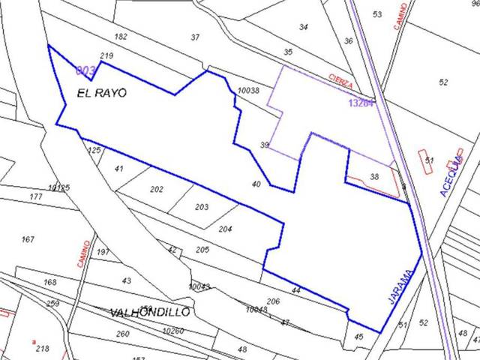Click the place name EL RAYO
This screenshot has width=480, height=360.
click(101, 94)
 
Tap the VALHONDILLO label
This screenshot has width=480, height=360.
click(150, 312)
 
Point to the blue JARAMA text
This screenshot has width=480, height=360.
click(401, 286)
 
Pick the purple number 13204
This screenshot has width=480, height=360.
click(361, 103)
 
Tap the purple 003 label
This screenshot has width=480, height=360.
click(85, 70)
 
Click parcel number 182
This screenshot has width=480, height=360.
click(121, 37)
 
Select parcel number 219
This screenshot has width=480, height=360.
click(106, 56)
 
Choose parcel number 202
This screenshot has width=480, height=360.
click(156, 190)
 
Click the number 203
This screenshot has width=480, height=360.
click(201, 207)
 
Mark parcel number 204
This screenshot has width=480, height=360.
click(225, 229)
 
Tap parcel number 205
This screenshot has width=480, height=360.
click(202, 250)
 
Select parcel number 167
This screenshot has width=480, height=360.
click(28, 240)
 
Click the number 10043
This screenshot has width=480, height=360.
click(199, 286)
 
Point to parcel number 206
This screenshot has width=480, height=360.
click(273, 301)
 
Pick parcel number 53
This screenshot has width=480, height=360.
click(377, 15)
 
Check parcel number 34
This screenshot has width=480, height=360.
click(303, 27)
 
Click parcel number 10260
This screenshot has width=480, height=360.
click(172, 331)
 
